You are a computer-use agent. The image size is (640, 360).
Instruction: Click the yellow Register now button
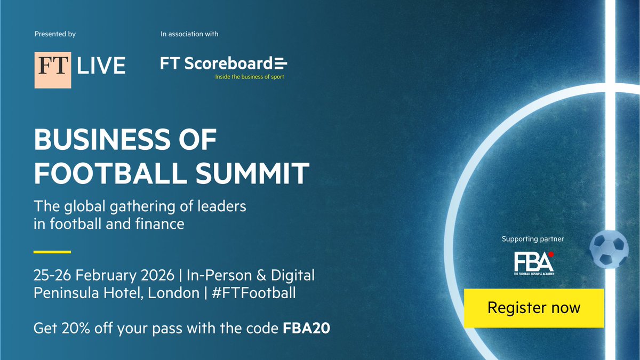(x=533, y=308)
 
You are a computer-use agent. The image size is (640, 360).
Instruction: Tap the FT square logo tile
(x=53, y=70)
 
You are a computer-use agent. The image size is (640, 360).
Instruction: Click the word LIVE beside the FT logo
(x=101, y=66)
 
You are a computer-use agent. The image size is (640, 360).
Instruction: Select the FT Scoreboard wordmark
(x=223, y=63)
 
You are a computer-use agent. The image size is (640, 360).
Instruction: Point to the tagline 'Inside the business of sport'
(x=249, y=77)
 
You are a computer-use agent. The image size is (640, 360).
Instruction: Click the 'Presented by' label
(x=55, y=34)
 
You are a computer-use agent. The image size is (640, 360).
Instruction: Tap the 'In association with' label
(x=189, y=34)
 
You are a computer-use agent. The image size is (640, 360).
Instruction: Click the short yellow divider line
(x=52, y=252)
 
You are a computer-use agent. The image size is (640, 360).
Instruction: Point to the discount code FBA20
(x=306, y=328)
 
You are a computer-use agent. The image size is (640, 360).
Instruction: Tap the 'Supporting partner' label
(x=533, y=239)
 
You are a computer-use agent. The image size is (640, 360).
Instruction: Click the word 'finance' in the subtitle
(x=159, y=223)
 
